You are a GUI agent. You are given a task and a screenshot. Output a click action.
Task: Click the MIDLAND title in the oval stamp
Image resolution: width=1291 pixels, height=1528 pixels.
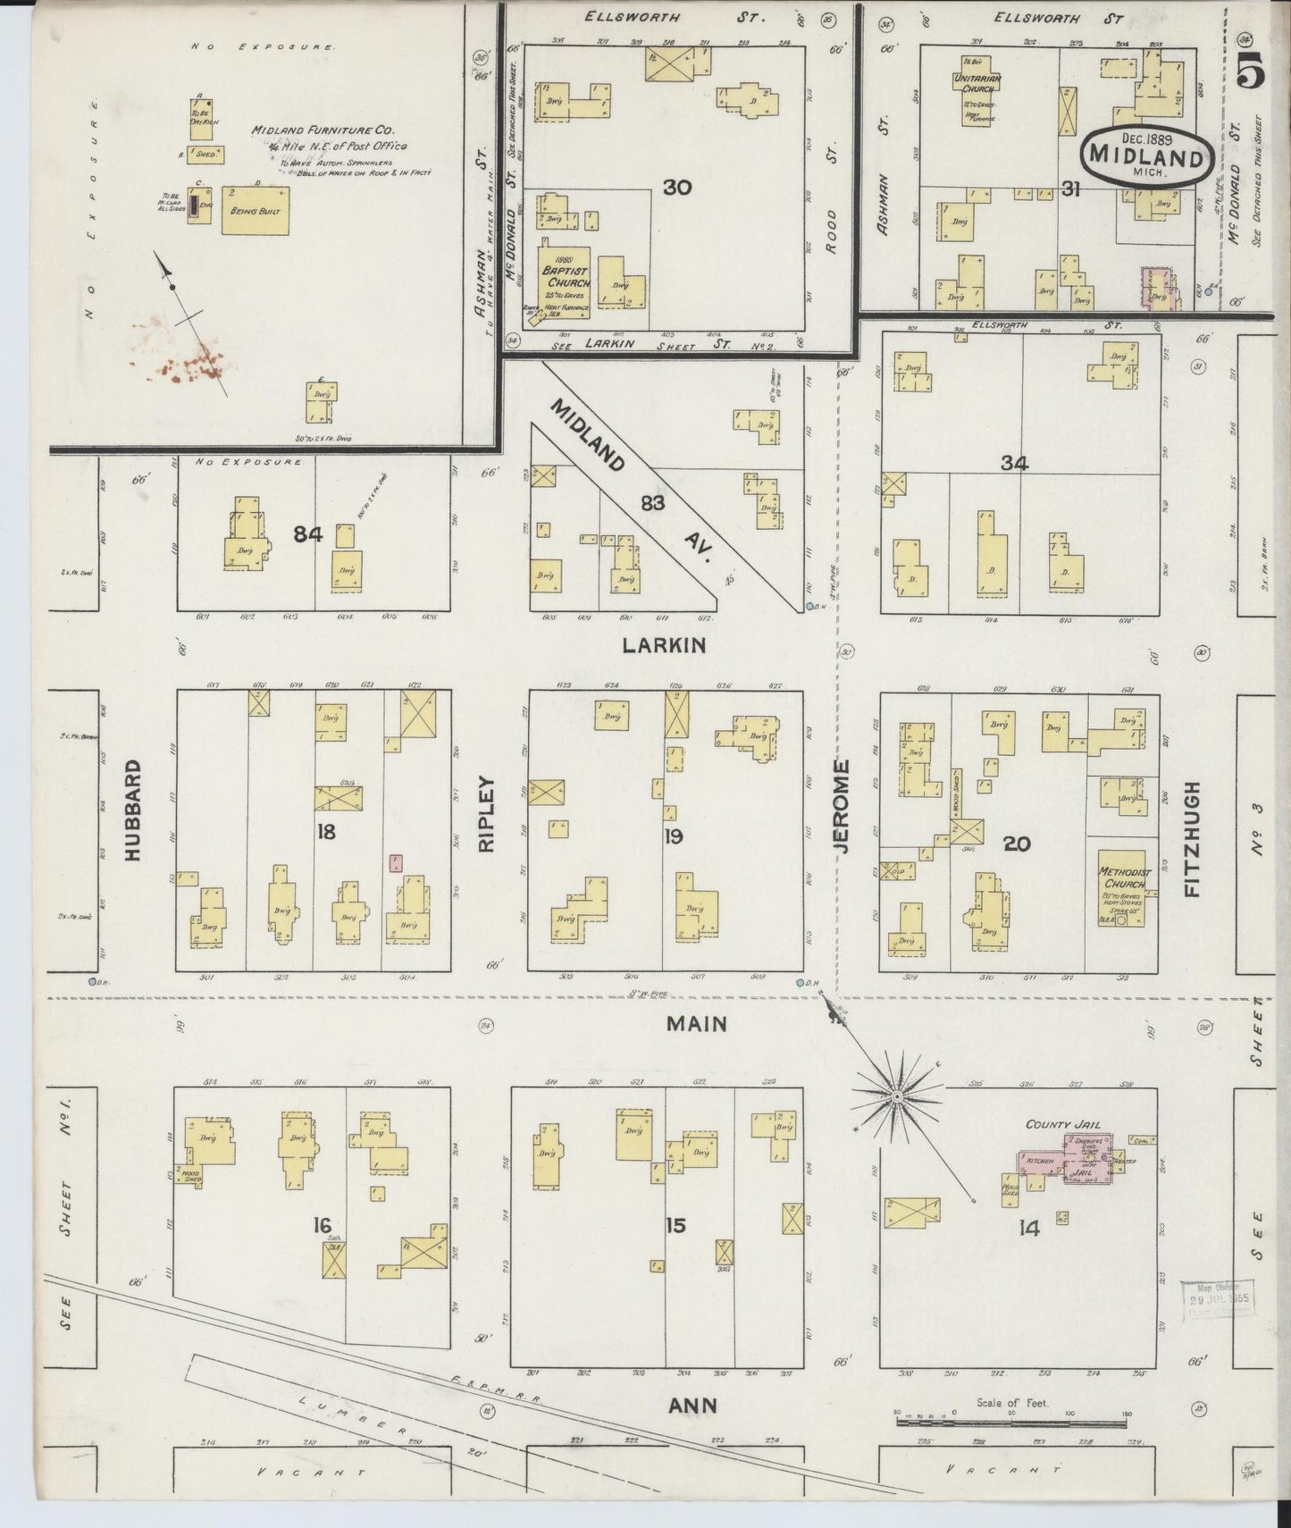[x=1146, y=156]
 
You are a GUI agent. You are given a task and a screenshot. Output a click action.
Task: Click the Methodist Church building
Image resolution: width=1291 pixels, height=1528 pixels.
[x=1125, y=885]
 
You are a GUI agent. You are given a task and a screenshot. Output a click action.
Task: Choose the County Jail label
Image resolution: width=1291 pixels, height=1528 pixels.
[x=1063, y=1124]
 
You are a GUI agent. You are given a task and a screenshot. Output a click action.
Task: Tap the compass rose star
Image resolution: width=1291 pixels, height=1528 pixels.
[x=896, y=1095]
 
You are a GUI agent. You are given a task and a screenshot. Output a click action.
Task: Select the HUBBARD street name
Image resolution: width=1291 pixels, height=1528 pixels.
[x=133, y=810]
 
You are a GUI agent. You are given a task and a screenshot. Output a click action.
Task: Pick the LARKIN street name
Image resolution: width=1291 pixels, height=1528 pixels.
[x=666, y=644]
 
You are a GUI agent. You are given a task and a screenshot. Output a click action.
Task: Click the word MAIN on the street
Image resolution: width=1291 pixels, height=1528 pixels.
[x=697, y=1024]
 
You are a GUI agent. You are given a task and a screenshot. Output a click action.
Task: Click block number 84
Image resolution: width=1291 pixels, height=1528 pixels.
[x=307, y=534]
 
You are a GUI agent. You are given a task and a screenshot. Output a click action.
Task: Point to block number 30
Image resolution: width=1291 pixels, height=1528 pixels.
[x=677, y=188]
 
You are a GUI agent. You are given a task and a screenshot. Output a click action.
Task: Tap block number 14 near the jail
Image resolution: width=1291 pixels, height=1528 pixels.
[x=1029, y=1229]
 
